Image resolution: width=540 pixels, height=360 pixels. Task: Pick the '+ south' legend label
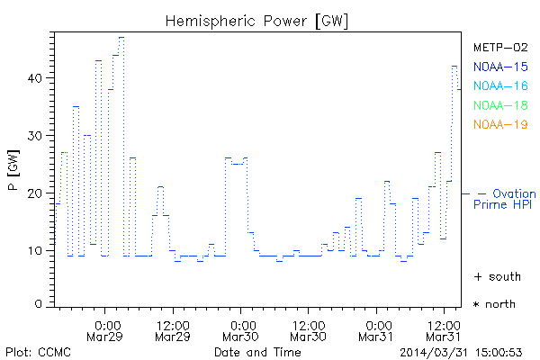[x=497, y=276]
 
